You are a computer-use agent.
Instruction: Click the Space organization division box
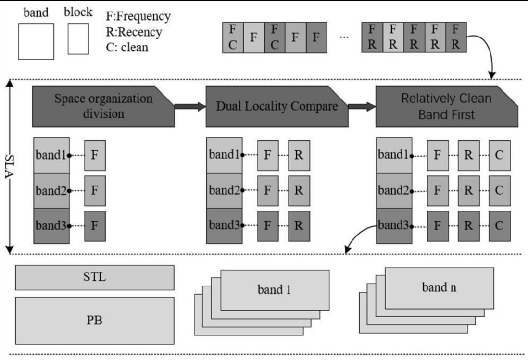(103, 106)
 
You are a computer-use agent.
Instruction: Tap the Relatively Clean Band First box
(447, 106)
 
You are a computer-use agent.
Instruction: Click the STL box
(95, 278)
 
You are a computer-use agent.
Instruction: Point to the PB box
(95, 320)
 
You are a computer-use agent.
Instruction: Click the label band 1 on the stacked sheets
(275, 290)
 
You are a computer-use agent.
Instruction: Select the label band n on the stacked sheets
(440, 287)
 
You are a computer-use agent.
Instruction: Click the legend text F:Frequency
(138, 16)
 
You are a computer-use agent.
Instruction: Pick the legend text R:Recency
(134, 32)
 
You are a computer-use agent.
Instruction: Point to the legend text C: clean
(127, 47)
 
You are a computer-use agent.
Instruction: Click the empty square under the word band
(36, 42)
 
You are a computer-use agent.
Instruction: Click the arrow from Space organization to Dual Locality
(189, 106)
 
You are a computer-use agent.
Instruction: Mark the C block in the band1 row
(499, 155)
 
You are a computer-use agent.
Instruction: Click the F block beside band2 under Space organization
(95, 190)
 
